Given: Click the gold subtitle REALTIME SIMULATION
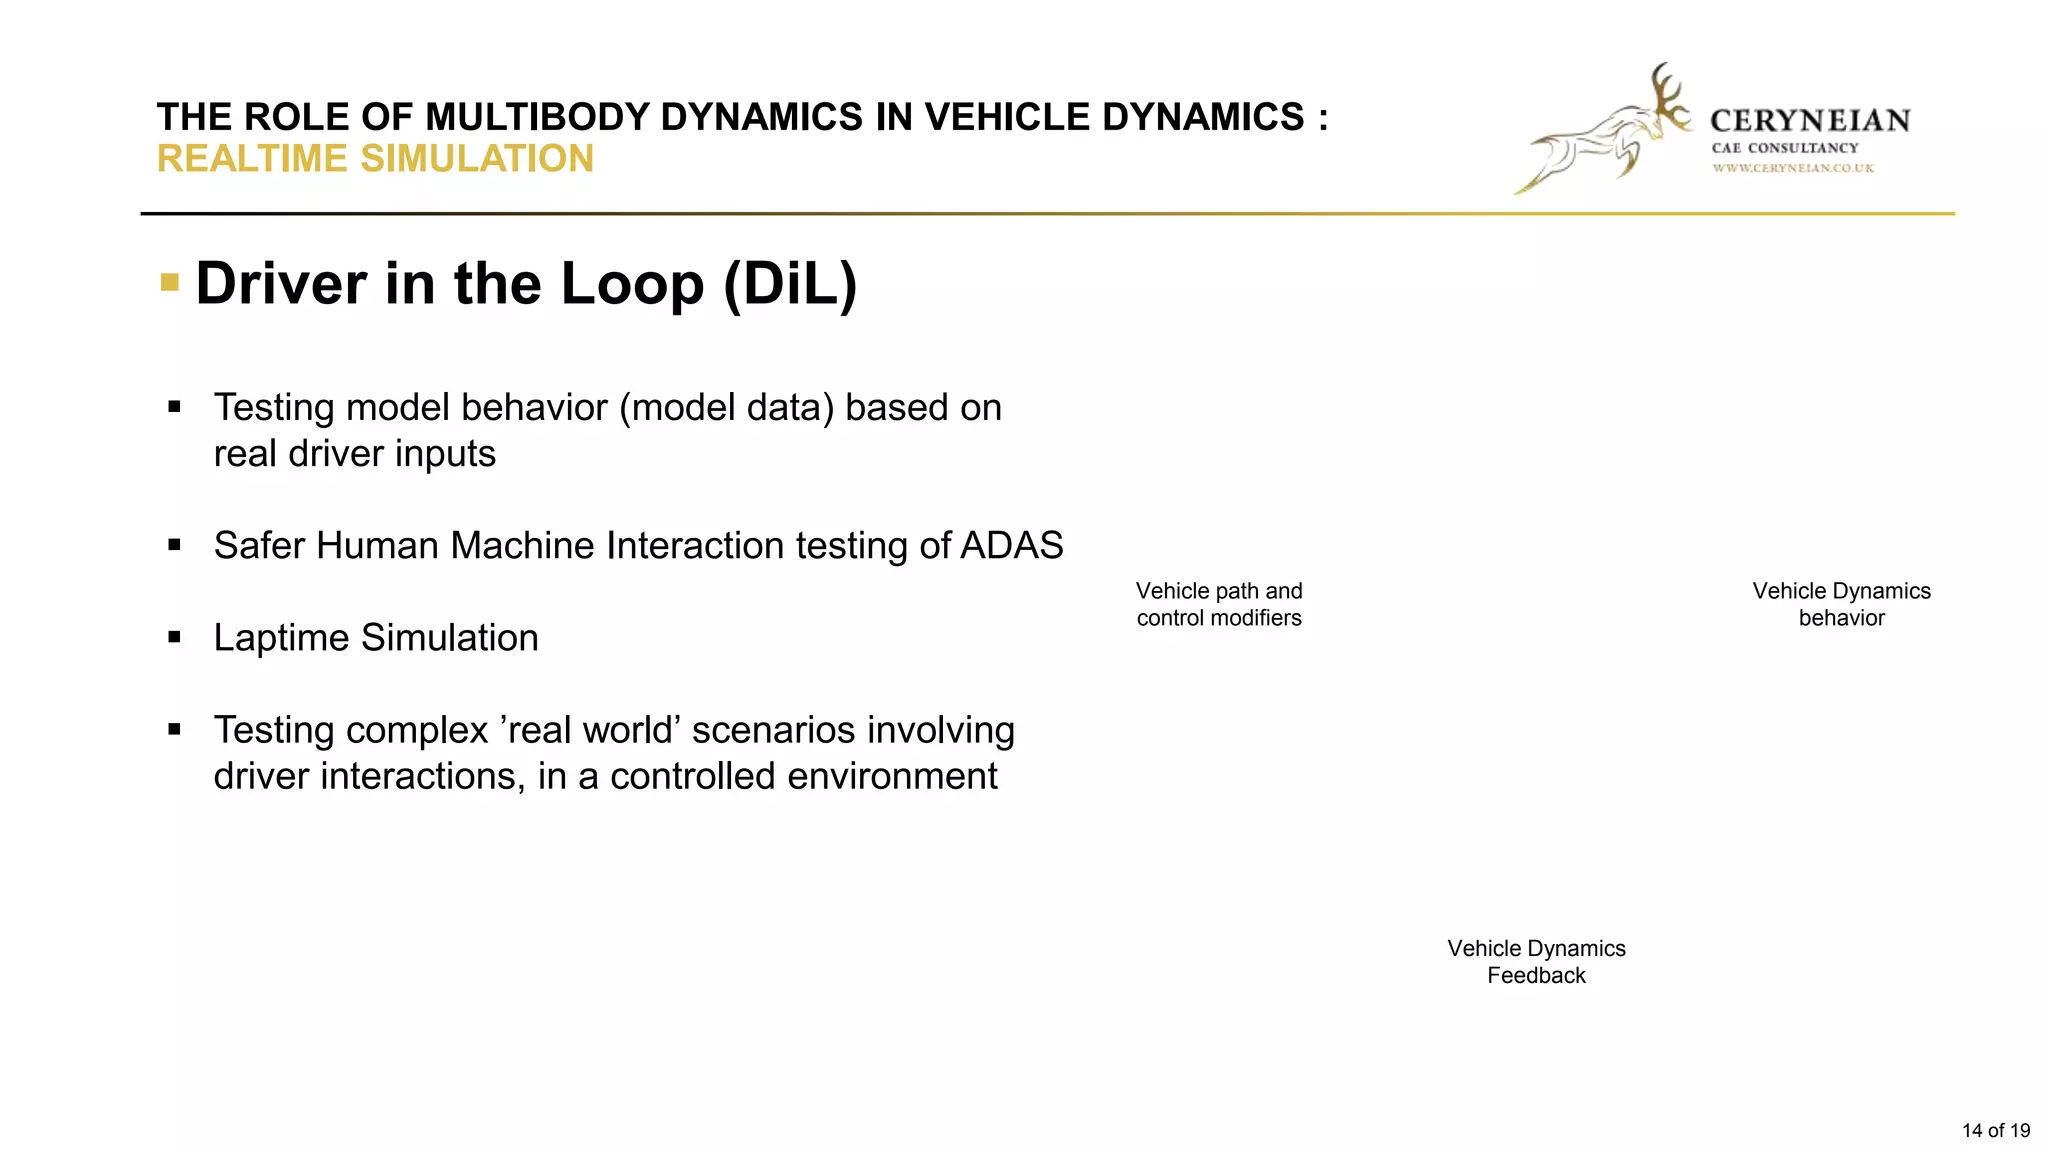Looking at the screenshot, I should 375,159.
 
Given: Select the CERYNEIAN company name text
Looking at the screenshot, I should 1810,121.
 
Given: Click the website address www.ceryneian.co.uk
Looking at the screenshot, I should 1793,168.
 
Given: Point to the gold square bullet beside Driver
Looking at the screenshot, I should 170,283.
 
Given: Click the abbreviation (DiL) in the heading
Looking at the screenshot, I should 790,284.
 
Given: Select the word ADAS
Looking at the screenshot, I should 1011,546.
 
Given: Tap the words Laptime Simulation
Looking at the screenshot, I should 376,638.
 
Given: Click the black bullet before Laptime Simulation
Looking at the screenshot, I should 175,637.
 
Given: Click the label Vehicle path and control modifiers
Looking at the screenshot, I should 1219,604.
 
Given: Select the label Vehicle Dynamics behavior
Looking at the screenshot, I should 1841,604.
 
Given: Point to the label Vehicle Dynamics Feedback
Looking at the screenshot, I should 1536,961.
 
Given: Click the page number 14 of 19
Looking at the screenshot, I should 1995,1130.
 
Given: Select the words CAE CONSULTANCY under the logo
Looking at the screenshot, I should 1785,148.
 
